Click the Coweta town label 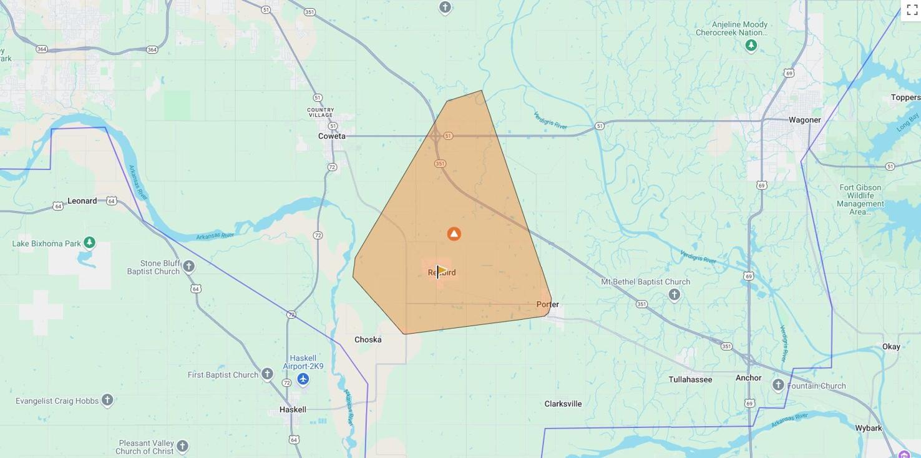tap(331, 136)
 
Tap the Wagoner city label tap(804, 120)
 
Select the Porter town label tap(547, 305)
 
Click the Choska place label tap(368, 340)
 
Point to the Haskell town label tap(293, 410)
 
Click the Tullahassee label tap(690, 380)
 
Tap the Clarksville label tap(563, 404)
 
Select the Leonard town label tap(82, 201)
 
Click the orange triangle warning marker tap(454, 234)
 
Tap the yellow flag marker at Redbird tap(441, 271)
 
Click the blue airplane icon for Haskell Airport tap(303, 379)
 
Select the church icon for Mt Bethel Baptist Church tap(674, 295)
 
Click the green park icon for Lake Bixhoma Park tap(89, 242)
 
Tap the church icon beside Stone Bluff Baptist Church tap(188, 267)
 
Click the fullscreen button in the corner tap(912, 9)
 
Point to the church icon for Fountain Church tap(778, 385)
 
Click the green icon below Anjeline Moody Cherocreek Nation tap(751, 46)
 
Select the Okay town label tap(891, 347)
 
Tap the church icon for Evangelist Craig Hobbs tap(107, 400)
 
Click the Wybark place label tap(868, 429)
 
